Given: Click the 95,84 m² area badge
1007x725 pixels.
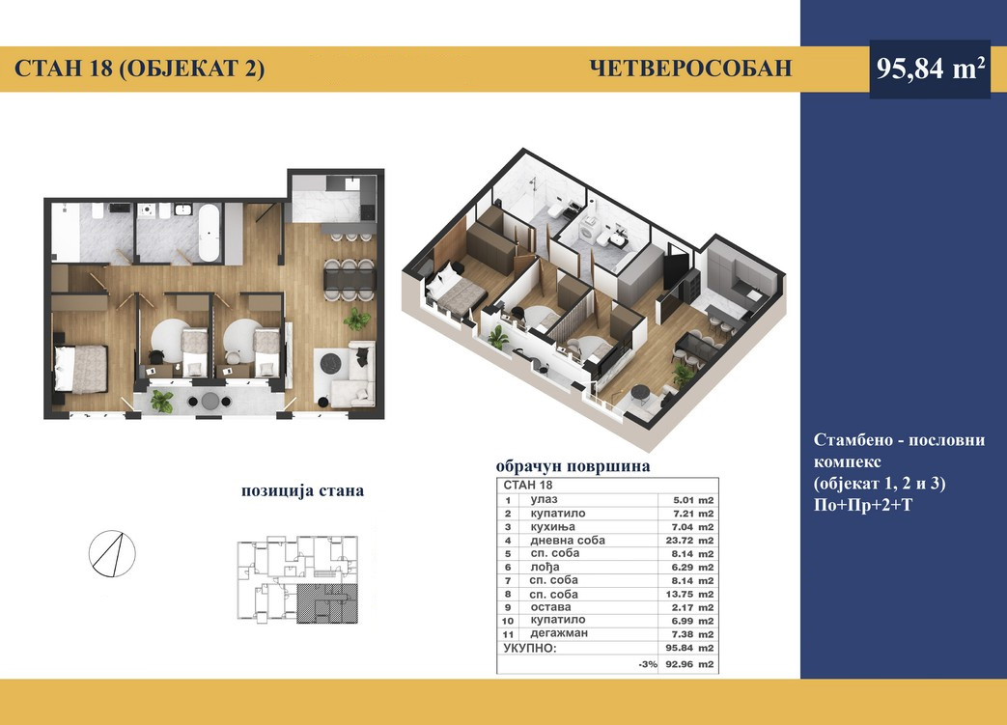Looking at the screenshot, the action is pos(930,69).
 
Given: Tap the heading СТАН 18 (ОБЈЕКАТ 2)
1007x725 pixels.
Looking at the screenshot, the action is pos(139,69).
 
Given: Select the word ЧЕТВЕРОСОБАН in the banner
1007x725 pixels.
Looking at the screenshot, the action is pos(690,69).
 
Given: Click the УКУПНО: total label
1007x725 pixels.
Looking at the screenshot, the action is pos(530,648).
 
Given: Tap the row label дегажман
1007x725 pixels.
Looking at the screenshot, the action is pos(559,634).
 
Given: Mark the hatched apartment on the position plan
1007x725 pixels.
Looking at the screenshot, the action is pos(327,604).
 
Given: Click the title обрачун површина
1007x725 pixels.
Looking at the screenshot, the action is pos(573,466).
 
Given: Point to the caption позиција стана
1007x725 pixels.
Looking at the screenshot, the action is pos(302,491).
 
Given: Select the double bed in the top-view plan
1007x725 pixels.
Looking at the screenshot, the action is pos(80,369).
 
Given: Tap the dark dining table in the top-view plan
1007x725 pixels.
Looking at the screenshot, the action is pos(350,279).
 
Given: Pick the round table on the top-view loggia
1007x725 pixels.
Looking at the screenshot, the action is pos(210,402).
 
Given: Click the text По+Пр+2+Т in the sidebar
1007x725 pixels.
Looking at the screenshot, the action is pos(862,506).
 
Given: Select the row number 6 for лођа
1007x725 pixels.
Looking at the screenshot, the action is pos(508,568).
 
